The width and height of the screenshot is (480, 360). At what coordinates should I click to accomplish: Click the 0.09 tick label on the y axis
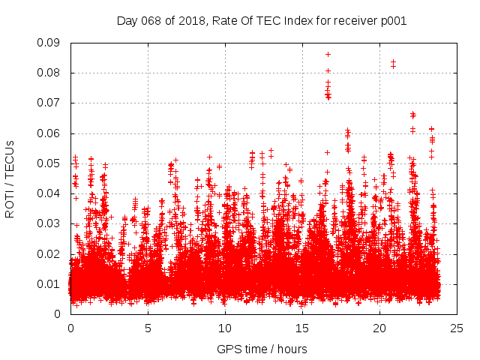click(x=51, y=43)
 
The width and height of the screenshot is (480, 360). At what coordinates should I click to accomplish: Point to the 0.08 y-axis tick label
click(x=51, y=73)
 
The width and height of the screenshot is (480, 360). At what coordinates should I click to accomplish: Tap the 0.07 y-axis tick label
click(x=51, y=103)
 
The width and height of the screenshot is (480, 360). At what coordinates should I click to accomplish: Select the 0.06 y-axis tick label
click(x=51, y=133)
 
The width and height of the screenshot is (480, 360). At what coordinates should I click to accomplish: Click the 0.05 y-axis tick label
click(x=51, y=163)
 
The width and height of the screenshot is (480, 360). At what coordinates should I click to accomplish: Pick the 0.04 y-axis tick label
click(x=51, y=193)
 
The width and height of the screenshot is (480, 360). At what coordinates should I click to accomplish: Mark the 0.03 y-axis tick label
click(x=51, y=223)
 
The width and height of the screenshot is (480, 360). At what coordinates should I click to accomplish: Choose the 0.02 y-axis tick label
click(x=51, y=253)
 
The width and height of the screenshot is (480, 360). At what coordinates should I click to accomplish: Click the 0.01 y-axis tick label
click(x=51, y=283)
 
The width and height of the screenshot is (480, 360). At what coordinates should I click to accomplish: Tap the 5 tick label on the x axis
click(x=148, y=328)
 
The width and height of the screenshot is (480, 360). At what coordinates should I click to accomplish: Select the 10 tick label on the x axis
click(x=225, y=328)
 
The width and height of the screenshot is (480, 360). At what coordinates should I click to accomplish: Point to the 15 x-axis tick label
click(x=302, y=328)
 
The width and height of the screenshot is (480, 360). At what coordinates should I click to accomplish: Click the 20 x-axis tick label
click(x=379, y=328)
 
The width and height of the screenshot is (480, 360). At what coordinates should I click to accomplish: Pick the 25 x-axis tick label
click(x=457, y=328)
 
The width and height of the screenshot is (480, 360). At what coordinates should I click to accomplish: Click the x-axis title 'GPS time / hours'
click(x=262, y=349)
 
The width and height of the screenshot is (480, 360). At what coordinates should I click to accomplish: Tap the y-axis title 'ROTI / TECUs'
click(x=10, y=178)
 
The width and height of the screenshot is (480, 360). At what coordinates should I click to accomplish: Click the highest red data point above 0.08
click(x=328, y=54)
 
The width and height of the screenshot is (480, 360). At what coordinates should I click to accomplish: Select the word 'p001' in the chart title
click(x=392, y=21)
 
